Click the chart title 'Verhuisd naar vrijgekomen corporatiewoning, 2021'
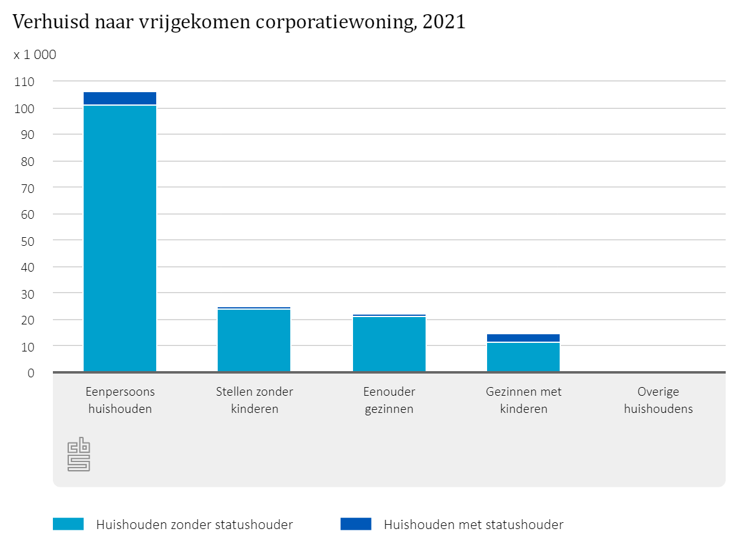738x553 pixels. (x=239, y=23)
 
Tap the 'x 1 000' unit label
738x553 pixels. (x=35, y=55)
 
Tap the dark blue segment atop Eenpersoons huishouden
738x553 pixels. (x=120, y=98)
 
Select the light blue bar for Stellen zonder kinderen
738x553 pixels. (x=254, y=340)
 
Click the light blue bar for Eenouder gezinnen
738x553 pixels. (x=389, y=343)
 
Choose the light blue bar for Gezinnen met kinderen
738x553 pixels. (x=523, y=357)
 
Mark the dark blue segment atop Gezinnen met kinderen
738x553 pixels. (x=523, y=338)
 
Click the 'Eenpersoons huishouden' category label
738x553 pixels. (x=120, y=400)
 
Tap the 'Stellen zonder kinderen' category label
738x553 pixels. (x=255, y=400)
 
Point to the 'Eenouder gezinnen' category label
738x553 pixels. (x=389, y=400)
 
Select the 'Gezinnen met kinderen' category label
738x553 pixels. (x=523, y=400)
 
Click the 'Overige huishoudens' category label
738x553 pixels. (x=658, y=400)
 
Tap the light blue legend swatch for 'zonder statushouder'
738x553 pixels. (x=68, y=524)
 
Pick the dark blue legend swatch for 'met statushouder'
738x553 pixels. (x=355, y=524)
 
